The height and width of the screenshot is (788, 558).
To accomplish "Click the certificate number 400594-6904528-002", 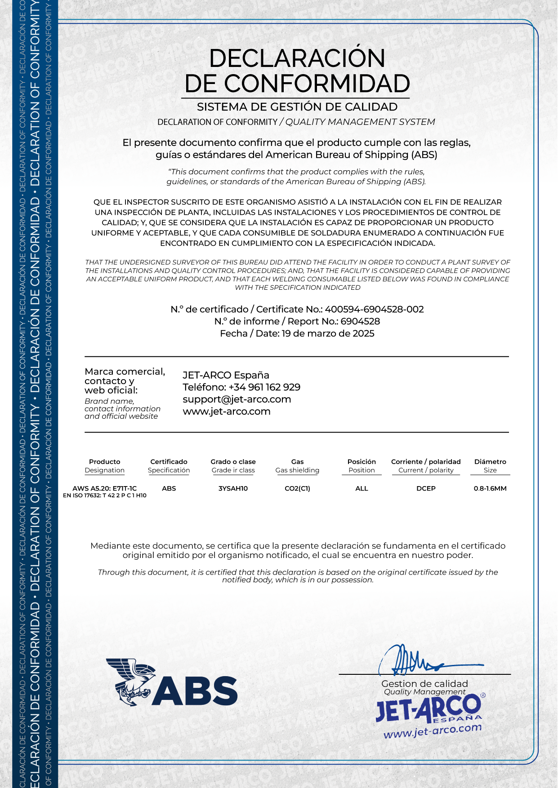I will click(x=374, y=310).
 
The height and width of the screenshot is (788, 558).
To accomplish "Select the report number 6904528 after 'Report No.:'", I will click(x=360, y=322).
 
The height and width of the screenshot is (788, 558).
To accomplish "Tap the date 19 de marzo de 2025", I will click(x=328, y=334).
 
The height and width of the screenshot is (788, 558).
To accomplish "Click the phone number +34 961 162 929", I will click(x=264, y=387).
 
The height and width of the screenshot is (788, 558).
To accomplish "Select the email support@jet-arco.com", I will click(x=237, y=399).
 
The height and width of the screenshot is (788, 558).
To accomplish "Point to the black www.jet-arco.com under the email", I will click(x=227, y=412).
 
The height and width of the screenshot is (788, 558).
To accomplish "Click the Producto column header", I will click(x=105, y=462).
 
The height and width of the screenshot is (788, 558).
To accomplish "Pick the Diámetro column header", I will click(x=490, y=462).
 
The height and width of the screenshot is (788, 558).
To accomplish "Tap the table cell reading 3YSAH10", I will click(x=233, y=489).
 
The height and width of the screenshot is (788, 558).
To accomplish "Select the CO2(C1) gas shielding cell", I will click(x=297, y=489).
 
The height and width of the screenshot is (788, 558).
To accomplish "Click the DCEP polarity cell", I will click(x=426, y=489).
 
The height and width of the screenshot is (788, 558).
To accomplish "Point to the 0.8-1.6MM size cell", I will click(x=490, y=489).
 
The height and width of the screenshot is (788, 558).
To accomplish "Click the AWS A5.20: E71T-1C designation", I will click(x=104, y=488).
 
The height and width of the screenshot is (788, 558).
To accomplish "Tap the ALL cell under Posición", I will click(x=362, y=489).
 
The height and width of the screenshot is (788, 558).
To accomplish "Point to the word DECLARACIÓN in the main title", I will click(x=297, y=58).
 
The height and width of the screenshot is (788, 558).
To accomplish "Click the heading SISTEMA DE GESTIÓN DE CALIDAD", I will click(x=297, y=107).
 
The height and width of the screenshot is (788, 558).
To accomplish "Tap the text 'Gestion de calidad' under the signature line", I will click(x=424, y=684).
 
